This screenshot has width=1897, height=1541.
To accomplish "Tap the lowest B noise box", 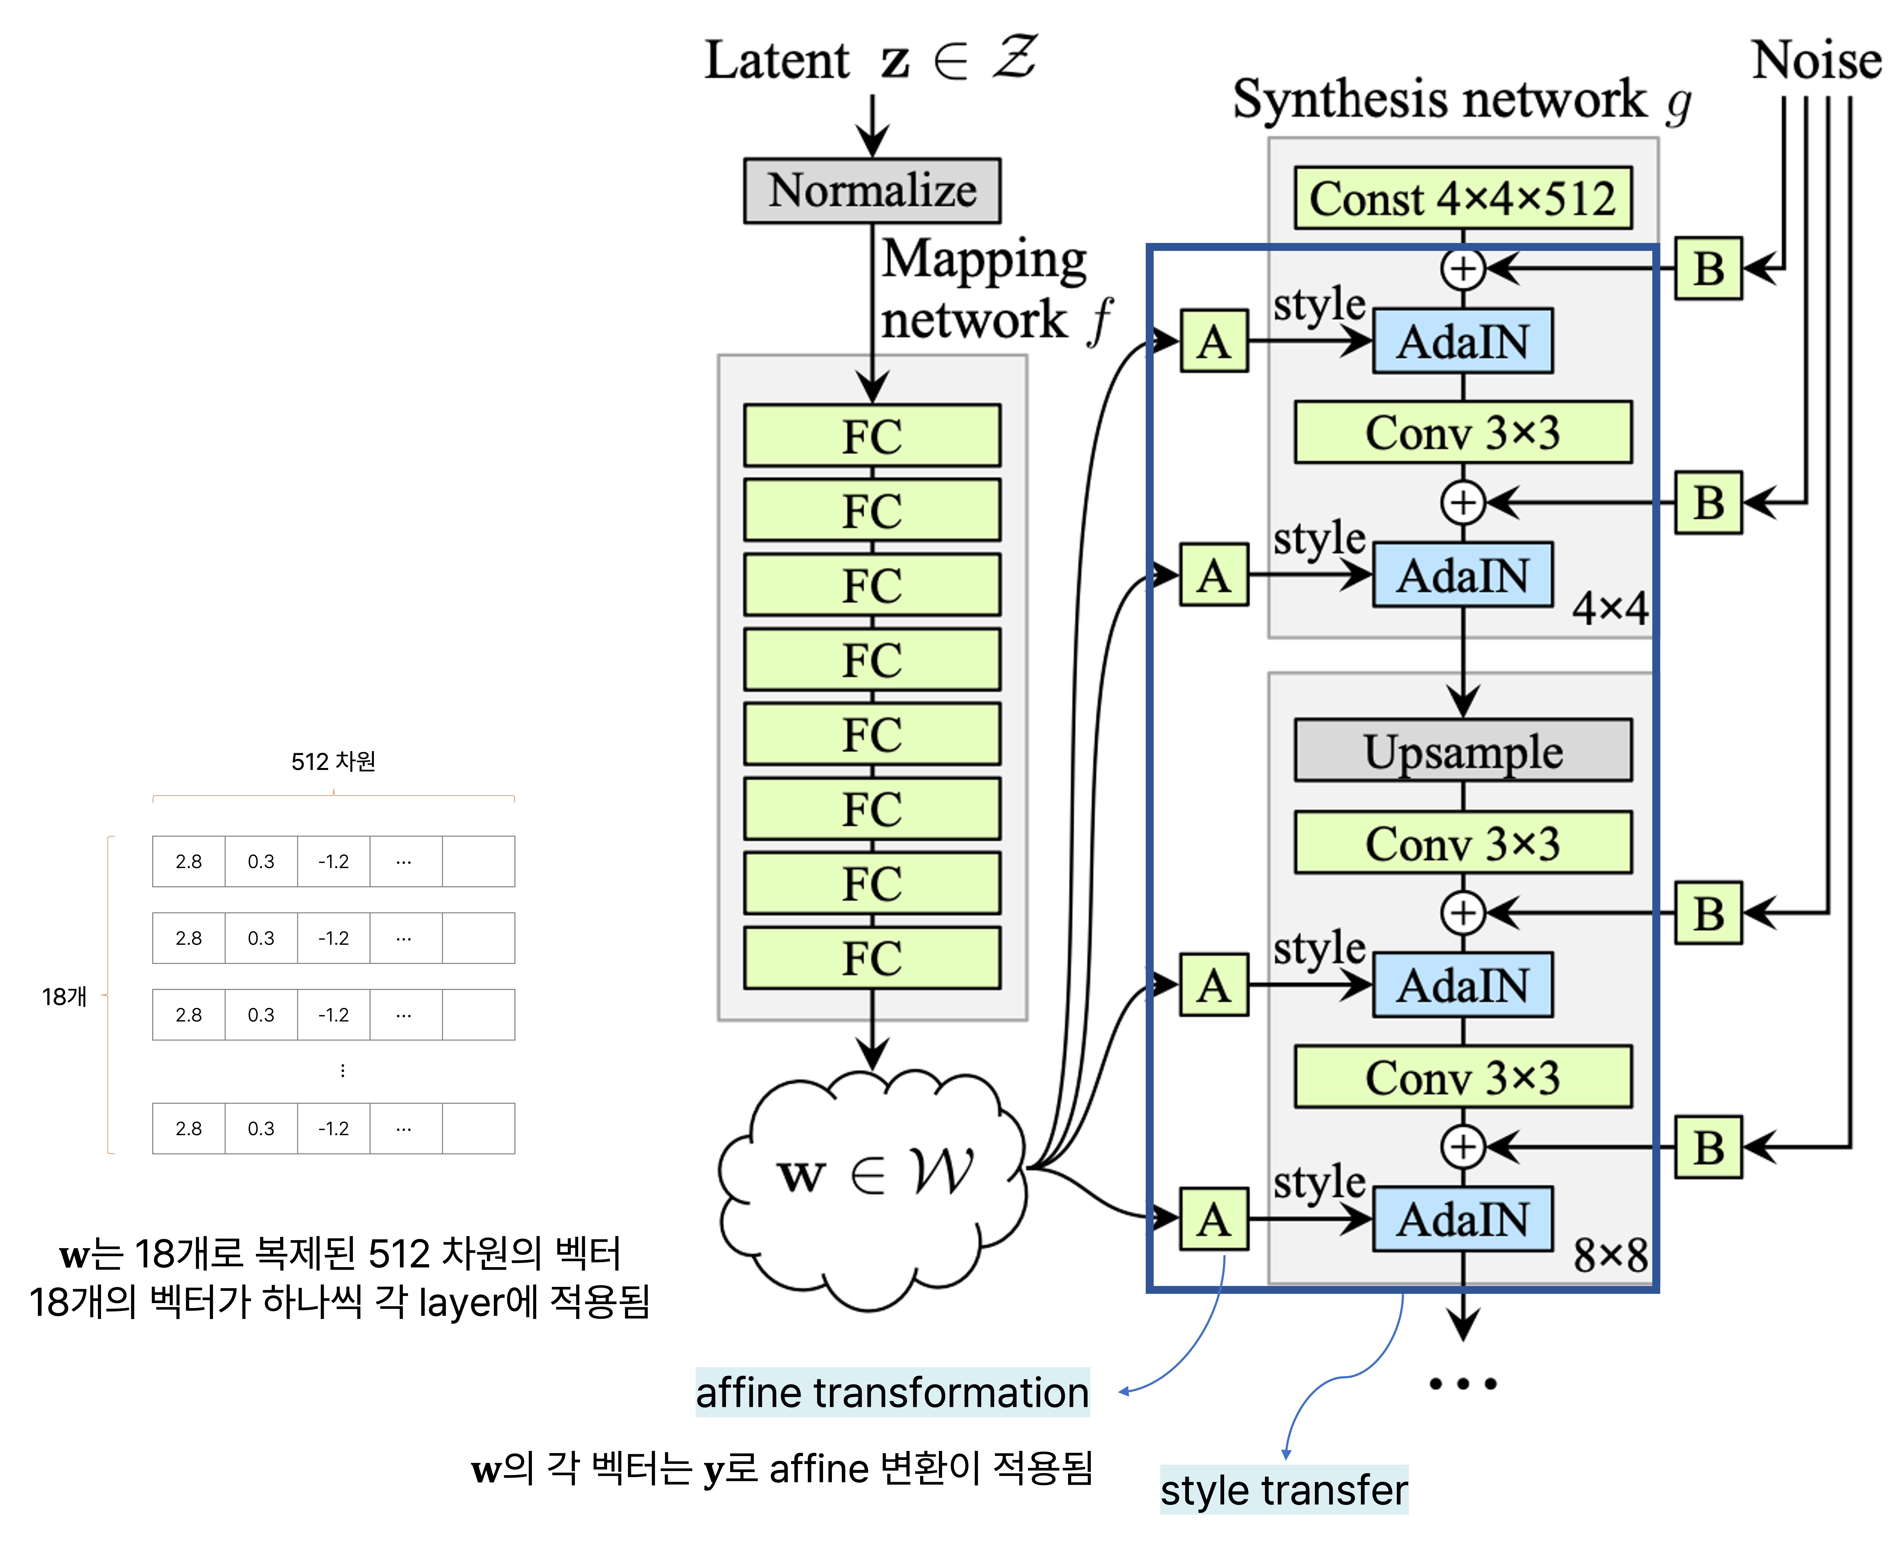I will click(x=1708, y=1147).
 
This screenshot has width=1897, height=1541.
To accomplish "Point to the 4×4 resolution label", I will click(x=1609, y=608).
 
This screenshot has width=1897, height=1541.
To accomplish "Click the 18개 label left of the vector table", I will click(x=64, y=996).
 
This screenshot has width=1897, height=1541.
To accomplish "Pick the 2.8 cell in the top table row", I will click(x=188, y=861).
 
